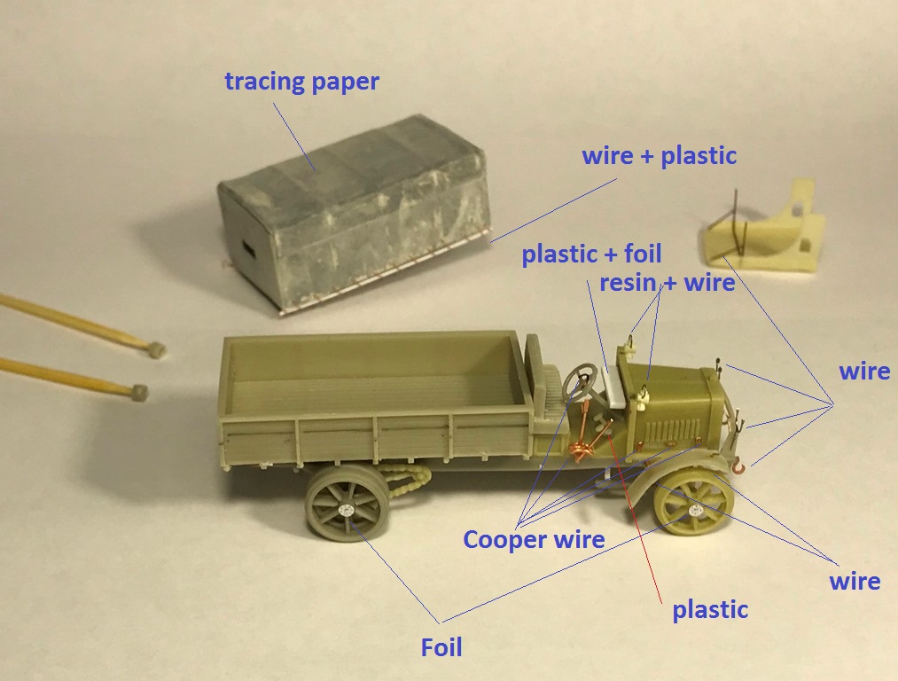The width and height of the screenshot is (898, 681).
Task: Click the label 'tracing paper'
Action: click(301, 82)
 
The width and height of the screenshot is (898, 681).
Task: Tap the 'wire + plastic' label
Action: click(659, 155)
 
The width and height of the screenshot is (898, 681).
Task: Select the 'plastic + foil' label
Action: click(591, 254)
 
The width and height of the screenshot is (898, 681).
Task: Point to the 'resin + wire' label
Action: click(667, 283)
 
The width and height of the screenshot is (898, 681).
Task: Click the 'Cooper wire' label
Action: click(534, 539)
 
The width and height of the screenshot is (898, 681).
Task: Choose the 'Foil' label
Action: click(441, 647)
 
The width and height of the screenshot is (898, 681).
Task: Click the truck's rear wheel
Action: click(347, 508)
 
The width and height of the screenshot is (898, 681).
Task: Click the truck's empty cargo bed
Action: click(372, 372)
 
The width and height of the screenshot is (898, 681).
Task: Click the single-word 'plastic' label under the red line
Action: click(709, 610)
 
